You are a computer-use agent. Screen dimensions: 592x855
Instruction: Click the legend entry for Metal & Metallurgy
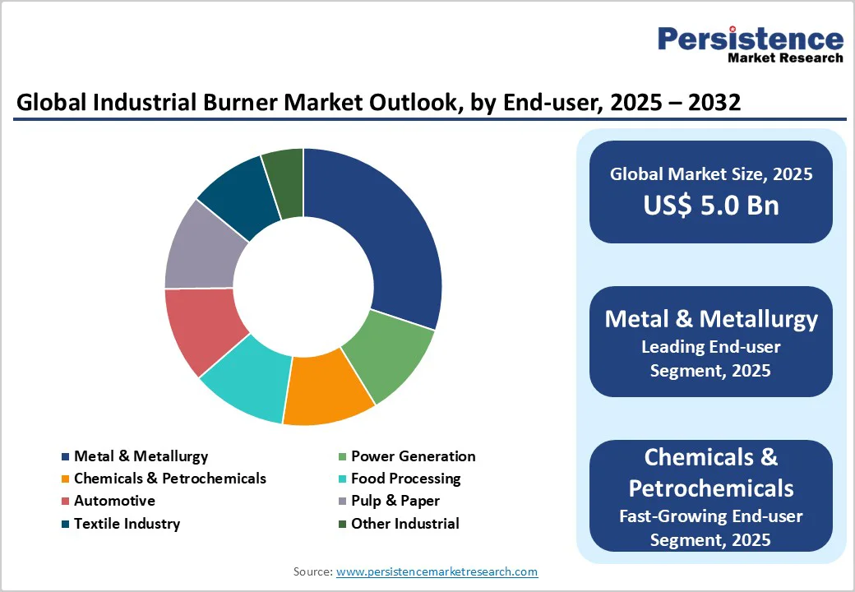click(141, 456)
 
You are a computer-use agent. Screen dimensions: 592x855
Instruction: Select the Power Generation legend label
click(413, 456)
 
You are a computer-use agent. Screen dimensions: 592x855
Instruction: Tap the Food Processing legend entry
click(405, 479)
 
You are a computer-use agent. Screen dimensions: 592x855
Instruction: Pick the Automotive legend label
click(114, 501)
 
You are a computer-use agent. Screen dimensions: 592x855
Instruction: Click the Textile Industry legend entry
click(127, 524)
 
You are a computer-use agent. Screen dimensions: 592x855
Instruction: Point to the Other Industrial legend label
click(404, 524)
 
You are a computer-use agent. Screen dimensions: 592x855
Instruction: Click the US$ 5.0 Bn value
click(710, 205)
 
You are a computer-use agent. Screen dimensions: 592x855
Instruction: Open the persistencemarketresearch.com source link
click(437, 571)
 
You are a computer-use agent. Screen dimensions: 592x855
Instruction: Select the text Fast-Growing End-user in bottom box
click(710, 516)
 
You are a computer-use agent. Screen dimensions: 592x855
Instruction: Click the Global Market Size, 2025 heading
click(710, 174)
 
